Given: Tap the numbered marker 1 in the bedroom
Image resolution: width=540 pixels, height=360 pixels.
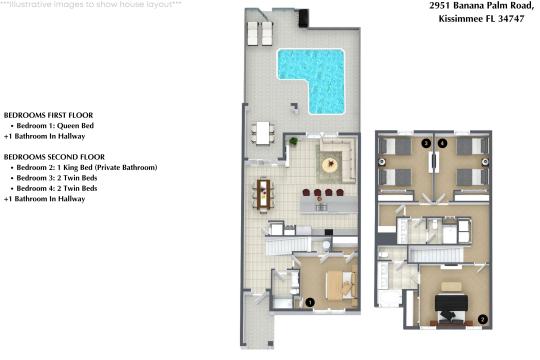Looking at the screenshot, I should pyautogui.click(x=310, y=300).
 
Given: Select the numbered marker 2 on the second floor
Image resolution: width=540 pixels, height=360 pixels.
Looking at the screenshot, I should pyautogui.click(x=483, y=319).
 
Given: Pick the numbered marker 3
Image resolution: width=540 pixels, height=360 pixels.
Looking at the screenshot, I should pyautogui.click(x=426, y=144).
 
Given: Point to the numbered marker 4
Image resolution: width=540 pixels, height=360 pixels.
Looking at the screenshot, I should pyautogui.click(x=441, y=144).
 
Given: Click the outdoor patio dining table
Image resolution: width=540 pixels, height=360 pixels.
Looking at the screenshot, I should pyautogui.click(x=264, y=132).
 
